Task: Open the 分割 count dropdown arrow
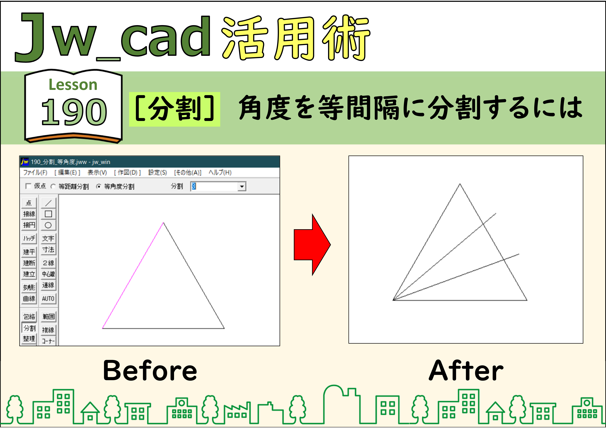pos(241,187)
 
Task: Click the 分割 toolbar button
pos(29,328)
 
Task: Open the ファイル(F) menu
pos(35,173)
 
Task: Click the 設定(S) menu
pos(158,173)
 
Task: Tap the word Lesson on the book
pos(73,85)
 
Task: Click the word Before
pos(150,371)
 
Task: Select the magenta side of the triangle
pos(133,275)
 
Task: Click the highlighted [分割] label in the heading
pos(174,109)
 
